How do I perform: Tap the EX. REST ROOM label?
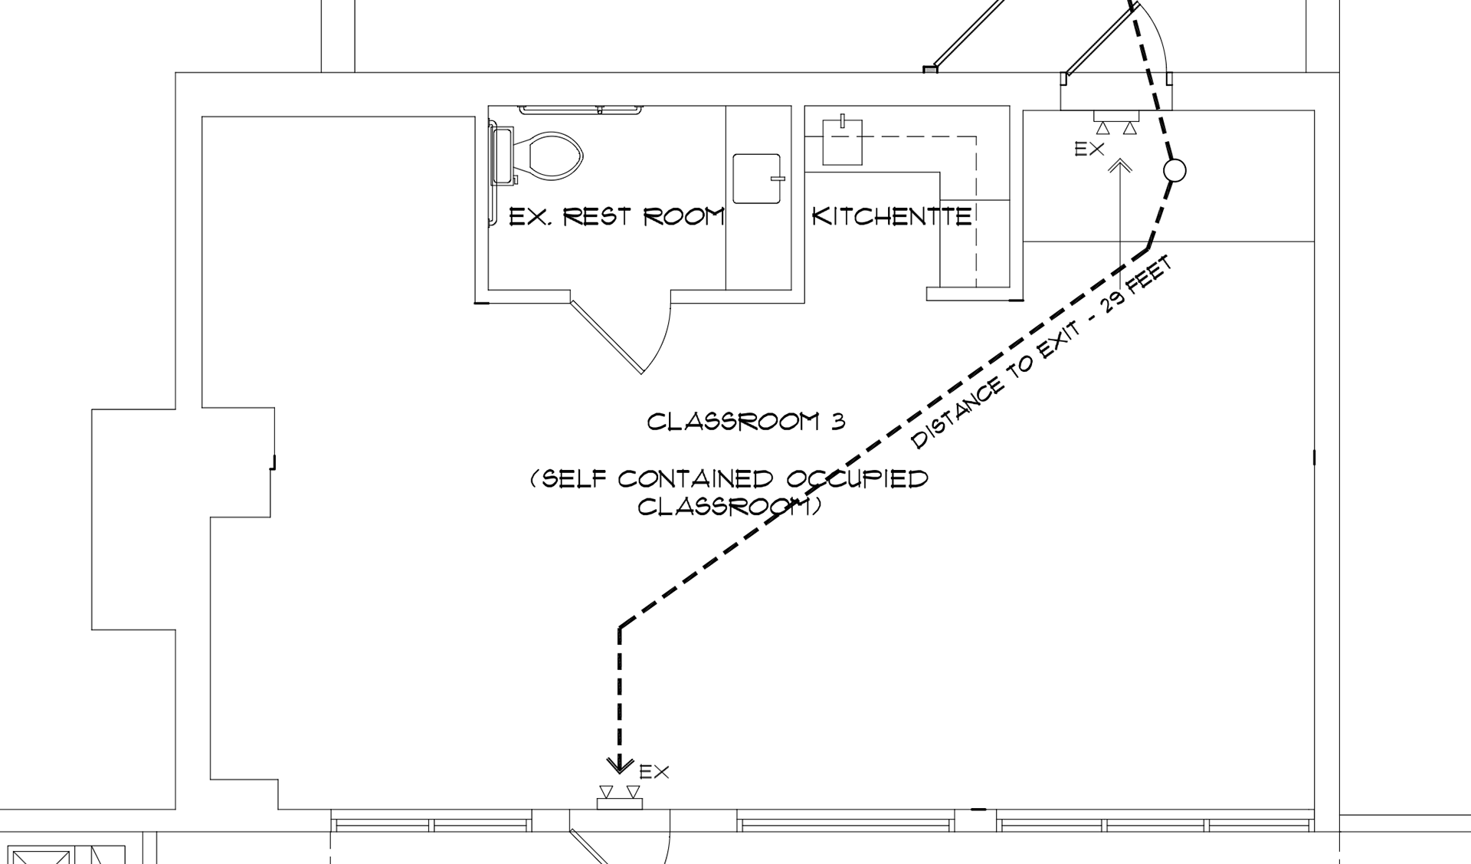(617, 217)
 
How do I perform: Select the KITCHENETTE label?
(892, 217)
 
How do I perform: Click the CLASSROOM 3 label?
(746, 422)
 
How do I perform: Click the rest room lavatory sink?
(757, 179)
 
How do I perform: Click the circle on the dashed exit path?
(1175, 170)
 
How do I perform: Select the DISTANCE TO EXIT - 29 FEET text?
(1042, 353)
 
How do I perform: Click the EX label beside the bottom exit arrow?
(654, 772)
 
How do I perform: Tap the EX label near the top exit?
(1089, 149)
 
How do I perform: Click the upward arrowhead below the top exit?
(1120, 165)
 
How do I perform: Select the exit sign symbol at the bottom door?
(620, 798)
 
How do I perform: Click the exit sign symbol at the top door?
(1116, 122)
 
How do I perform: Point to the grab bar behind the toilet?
(580, 110)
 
